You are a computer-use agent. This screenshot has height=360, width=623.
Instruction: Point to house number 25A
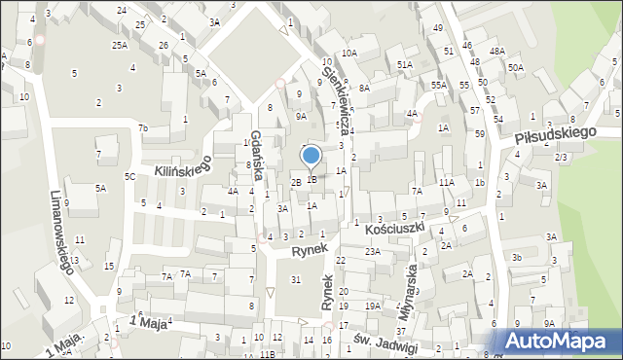point(119,45)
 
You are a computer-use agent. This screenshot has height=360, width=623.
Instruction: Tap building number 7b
point(142,127)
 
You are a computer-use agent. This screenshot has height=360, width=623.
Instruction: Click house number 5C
point(129,176)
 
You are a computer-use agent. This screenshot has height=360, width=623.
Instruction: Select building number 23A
point(372,251)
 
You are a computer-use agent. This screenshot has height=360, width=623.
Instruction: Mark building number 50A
point(514,67)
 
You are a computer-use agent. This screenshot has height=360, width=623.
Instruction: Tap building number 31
point(295,280)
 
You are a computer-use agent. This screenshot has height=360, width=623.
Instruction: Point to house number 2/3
point(560,157)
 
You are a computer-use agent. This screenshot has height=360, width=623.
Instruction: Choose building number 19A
point(372,306)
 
